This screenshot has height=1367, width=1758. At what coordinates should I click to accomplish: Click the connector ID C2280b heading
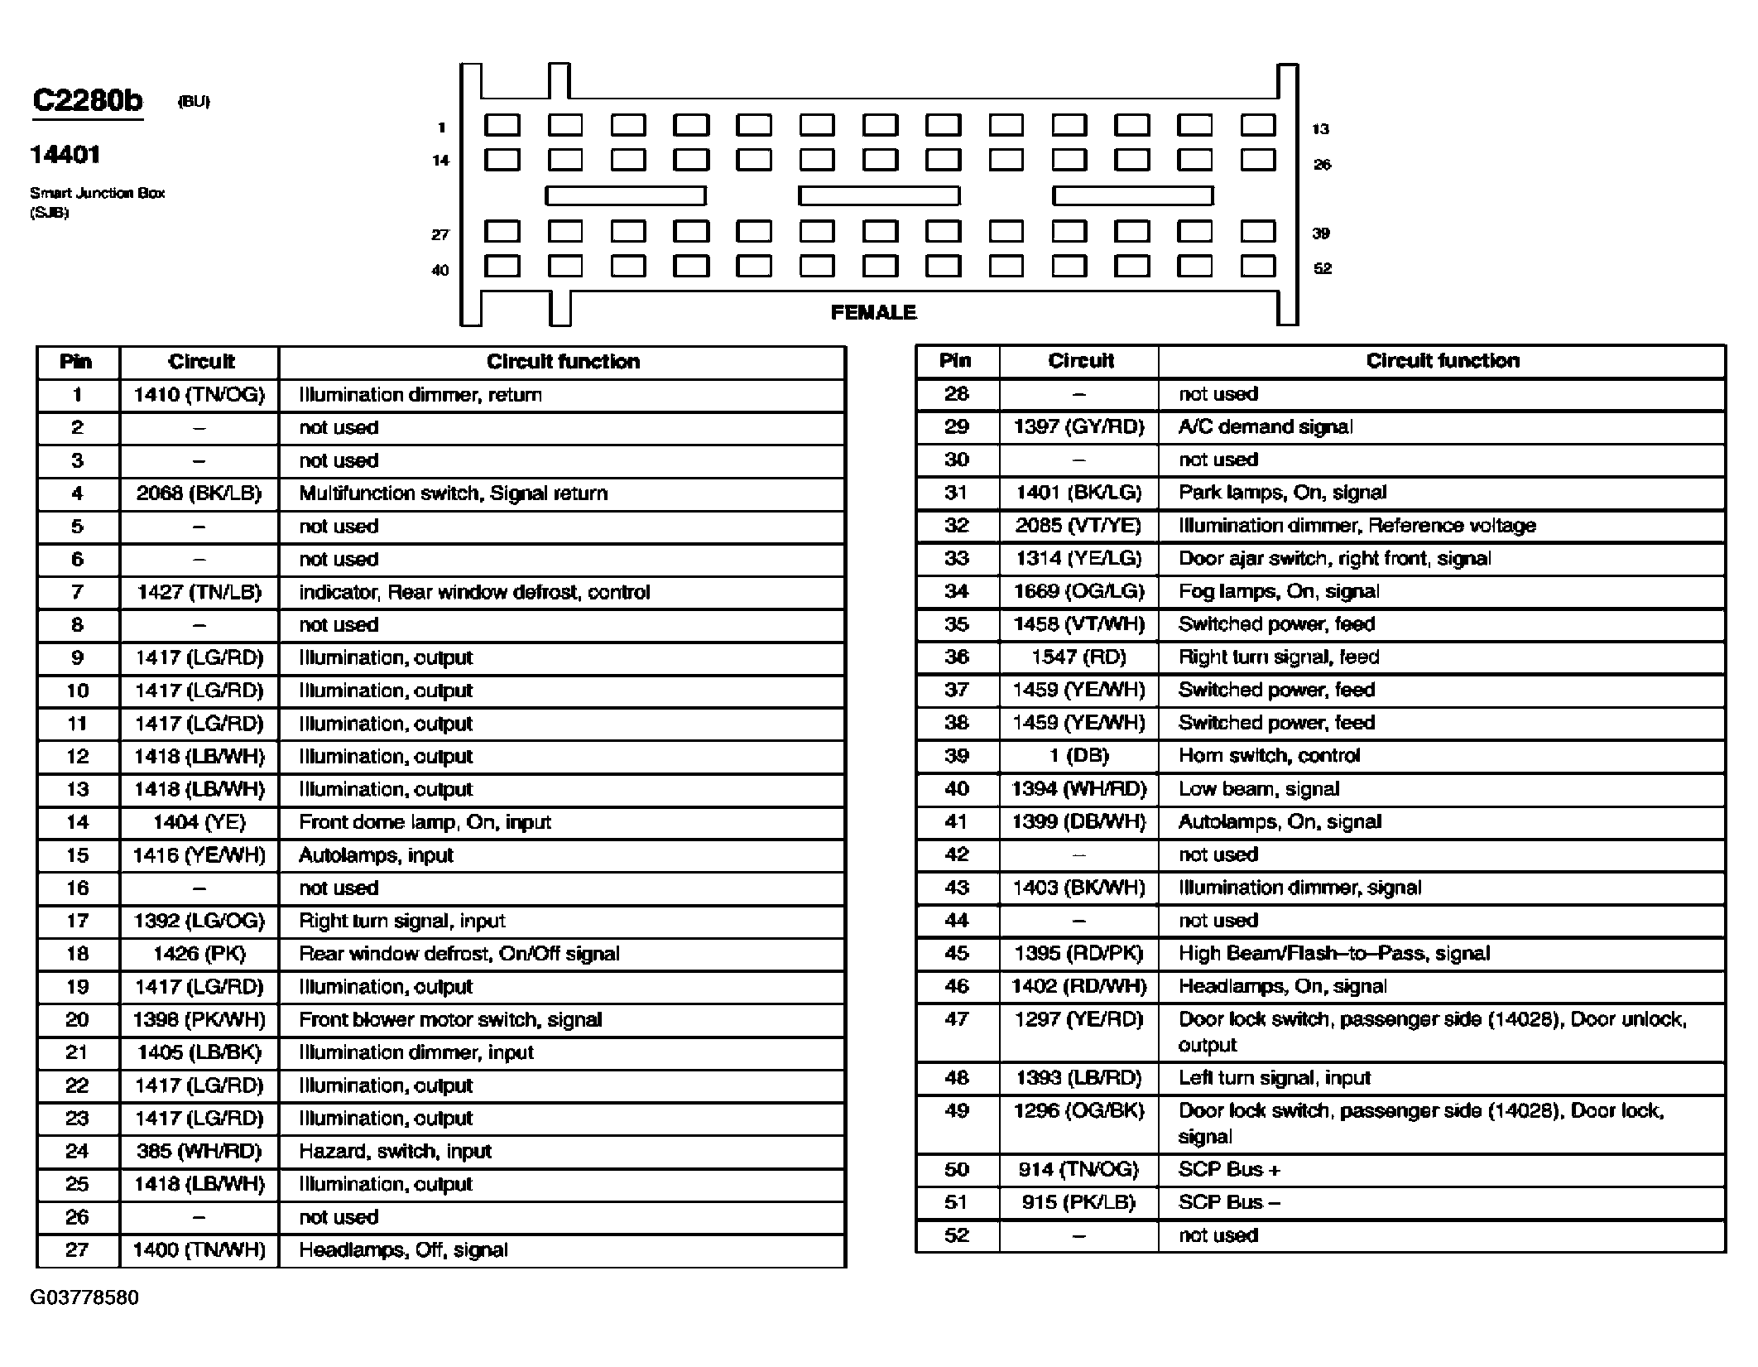click(x=87, y=100)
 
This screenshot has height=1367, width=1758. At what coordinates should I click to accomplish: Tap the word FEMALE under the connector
click(x=873, y=312)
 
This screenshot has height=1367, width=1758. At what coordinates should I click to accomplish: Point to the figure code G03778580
click(x=84, y=1297)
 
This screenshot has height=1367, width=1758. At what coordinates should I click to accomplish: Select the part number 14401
click(x=65, y=155)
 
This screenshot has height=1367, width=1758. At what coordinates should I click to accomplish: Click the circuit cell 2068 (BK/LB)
click(x=199, y=493)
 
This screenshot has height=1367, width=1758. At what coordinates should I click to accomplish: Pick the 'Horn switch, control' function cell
click(x=1269, y=755)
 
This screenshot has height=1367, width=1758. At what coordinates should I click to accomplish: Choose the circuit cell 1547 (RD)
click(x=1078, y=657)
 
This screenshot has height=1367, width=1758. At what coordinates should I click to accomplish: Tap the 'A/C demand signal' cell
click(x=1266, y=426)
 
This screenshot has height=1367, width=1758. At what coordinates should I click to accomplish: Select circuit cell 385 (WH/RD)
click(x=199, y=1151)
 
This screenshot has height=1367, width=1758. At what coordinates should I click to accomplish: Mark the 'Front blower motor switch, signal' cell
click(x=450, y=1019)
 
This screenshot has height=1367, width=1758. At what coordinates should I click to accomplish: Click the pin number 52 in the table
click(x=956, y=1235)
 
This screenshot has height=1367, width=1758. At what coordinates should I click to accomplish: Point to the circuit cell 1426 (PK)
click(x=199, y=953)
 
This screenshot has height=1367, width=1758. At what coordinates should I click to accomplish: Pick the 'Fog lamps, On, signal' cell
click(x=1279, y=591)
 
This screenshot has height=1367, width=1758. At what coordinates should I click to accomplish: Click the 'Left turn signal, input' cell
click(x=1275, y=1077)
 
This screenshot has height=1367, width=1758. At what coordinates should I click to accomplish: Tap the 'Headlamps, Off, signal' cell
click(x=403, y=1249)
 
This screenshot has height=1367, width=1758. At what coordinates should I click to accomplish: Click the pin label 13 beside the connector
click(x=1320, y=129)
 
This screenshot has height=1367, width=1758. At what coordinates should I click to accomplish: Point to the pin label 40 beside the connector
click(x=440, y=270)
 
